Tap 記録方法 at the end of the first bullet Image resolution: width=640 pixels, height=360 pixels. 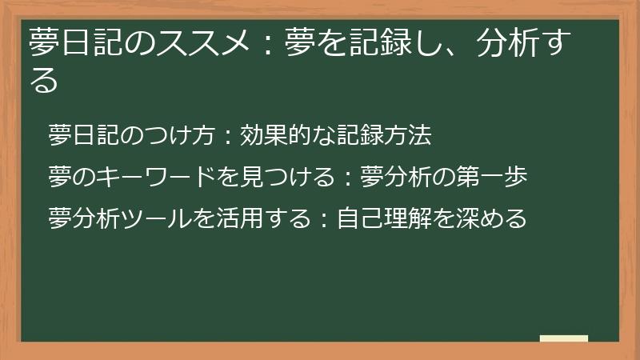[x=387, y=136]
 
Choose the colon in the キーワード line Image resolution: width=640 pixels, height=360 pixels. [x=349, y=178]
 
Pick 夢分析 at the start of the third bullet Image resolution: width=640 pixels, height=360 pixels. [x=90, y=218]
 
